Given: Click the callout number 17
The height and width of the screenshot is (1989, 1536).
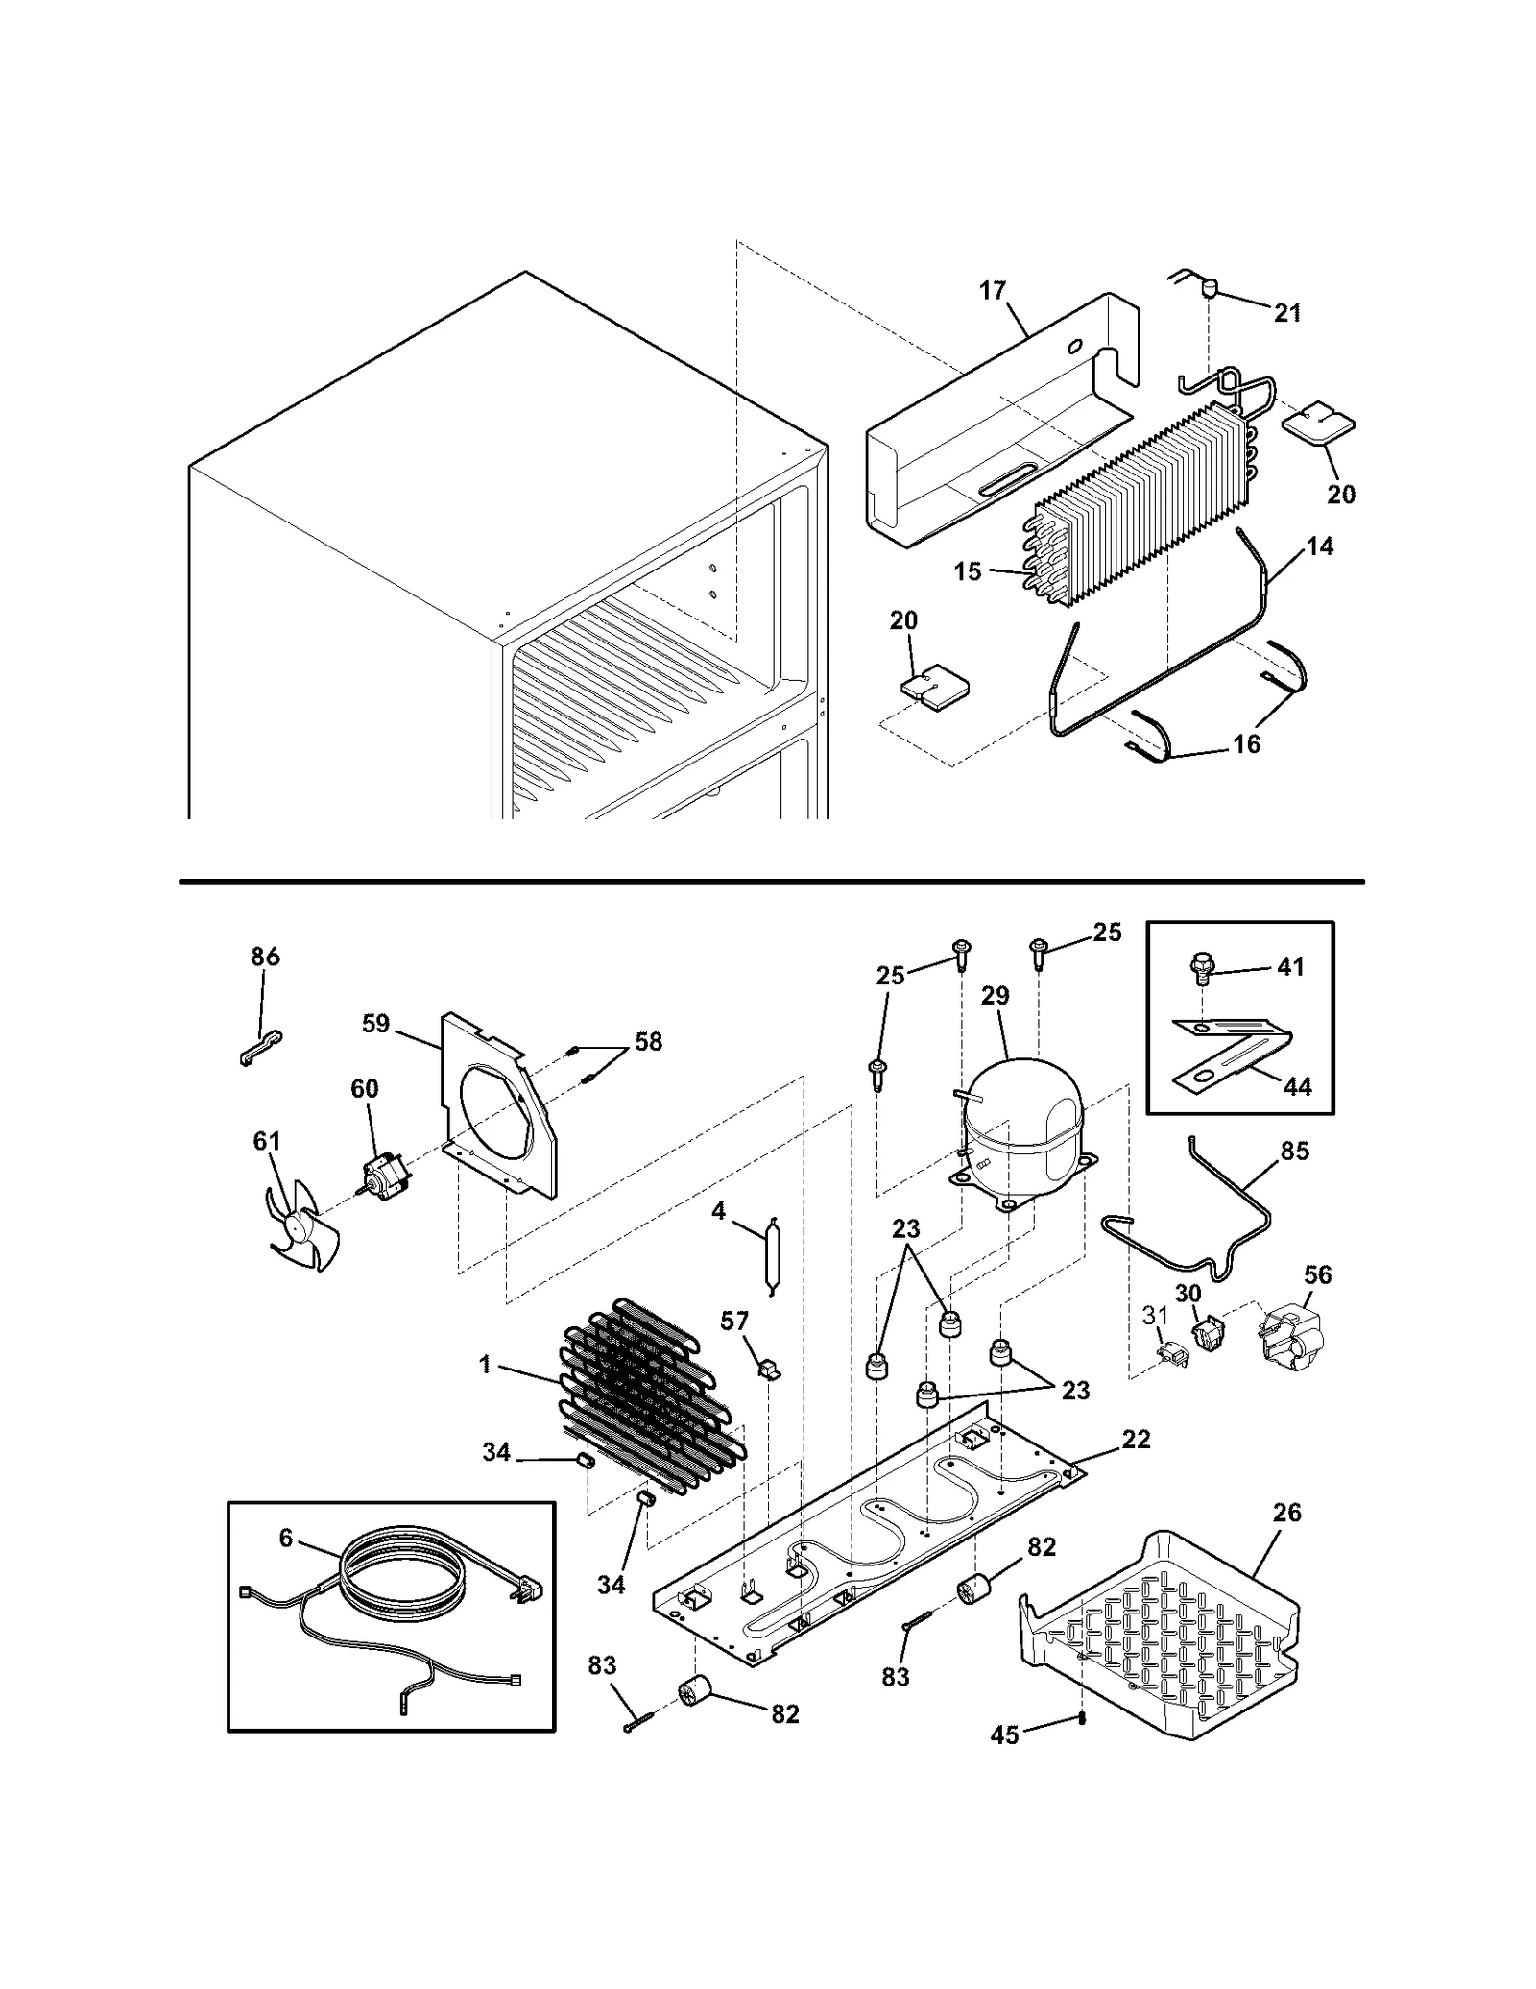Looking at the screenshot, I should (x=993, y=289).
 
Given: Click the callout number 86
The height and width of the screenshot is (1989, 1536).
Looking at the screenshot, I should (x=265, y=957).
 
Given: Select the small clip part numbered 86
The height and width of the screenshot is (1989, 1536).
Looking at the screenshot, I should (x=260, y=1048).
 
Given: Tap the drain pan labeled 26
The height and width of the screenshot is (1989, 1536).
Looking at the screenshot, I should (x=1162, y=1634).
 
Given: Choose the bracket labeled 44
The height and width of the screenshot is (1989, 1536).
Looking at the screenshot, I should (x=1234, y=1056).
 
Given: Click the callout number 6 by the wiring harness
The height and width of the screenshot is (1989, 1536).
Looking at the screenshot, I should (x=286, y=1538).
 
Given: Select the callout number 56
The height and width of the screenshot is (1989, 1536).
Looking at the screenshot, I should (x=1318, y=1274).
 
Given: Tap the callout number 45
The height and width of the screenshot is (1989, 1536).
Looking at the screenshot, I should (x=1004, y=1735).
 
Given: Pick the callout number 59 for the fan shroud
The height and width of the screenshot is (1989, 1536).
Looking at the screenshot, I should (x=375, y=1024).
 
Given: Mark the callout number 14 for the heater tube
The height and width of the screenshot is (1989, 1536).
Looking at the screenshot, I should (x=1320, y=546).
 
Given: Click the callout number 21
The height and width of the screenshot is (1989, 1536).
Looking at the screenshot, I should (x=1287, y=312).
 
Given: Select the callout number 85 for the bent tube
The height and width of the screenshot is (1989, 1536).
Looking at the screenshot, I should (x=1295, y=1151).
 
